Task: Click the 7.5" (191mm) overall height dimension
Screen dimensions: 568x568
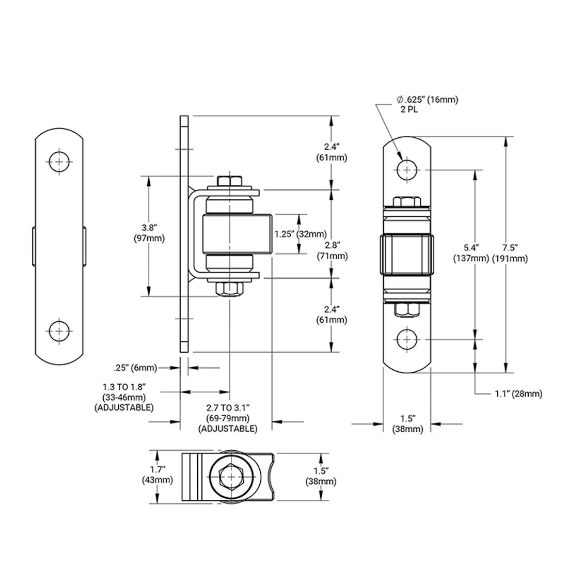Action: (x=510, y=253)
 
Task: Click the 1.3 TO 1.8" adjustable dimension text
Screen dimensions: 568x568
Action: (x=124, y=397)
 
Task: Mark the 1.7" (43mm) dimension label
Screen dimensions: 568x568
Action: (x=157, y=475)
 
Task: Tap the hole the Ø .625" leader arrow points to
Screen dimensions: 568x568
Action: (x=407, y=169)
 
